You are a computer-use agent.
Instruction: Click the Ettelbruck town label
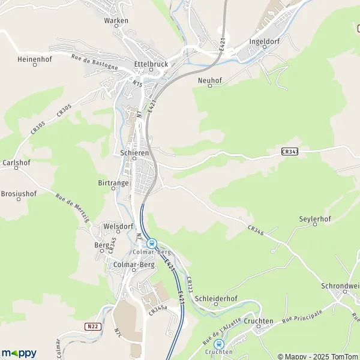[x=149, y=63]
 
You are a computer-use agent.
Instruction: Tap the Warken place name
[x=116, y=20]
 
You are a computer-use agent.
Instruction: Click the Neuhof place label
[x=209, y=79]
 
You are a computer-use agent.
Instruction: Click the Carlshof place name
[x=16, y=163]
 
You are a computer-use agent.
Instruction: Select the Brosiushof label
[x=19, y=194]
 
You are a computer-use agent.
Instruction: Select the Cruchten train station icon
[x=219, y=344]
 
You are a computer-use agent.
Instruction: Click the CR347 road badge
[x=289, y=152]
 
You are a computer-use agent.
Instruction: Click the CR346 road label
[x=256, y=229]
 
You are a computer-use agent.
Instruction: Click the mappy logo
[x=19, y=353]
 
